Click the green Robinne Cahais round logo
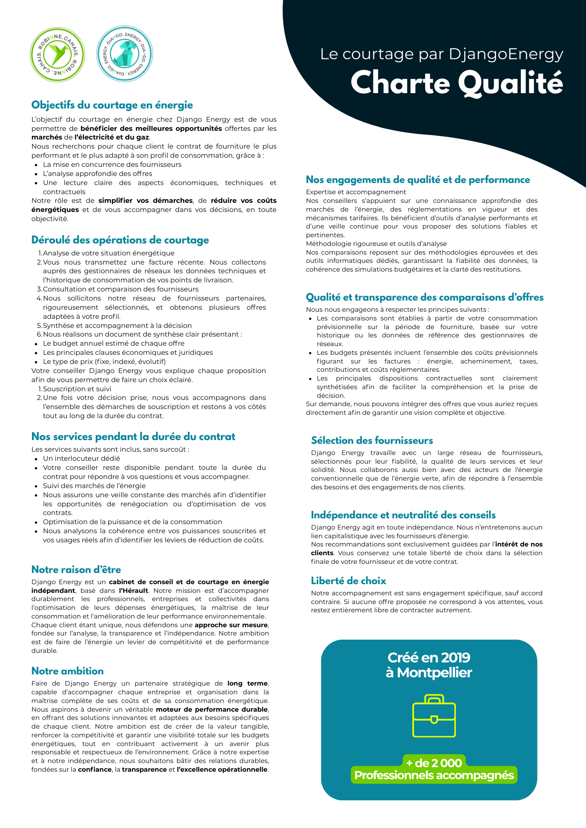(x=57, y=55)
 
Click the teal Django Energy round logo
(x=124, y=55)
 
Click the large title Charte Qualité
(x=457, y=83)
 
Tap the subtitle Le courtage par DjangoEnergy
(x=442, y=54)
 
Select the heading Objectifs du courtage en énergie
(x=112, y=105)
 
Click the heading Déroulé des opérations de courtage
(x=120, y=240)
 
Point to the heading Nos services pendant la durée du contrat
(x=133, y=437)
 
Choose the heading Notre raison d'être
(x=76, y=570)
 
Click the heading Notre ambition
(x=68, y=671)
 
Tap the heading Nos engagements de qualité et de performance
(x=418, y=180)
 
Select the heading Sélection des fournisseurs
(x=372, y=440)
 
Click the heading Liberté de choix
(x=349, y=581)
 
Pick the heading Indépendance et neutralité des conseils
(x=403, y=515)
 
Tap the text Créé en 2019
(x=429, y=658)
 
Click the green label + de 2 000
(x=434, y=763)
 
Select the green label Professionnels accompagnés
(x=434, y=775)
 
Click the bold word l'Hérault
(x=133, y=591)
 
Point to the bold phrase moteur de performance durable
(x=212, y=710)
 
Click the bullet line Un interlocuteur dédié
(x=82, y=459)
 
